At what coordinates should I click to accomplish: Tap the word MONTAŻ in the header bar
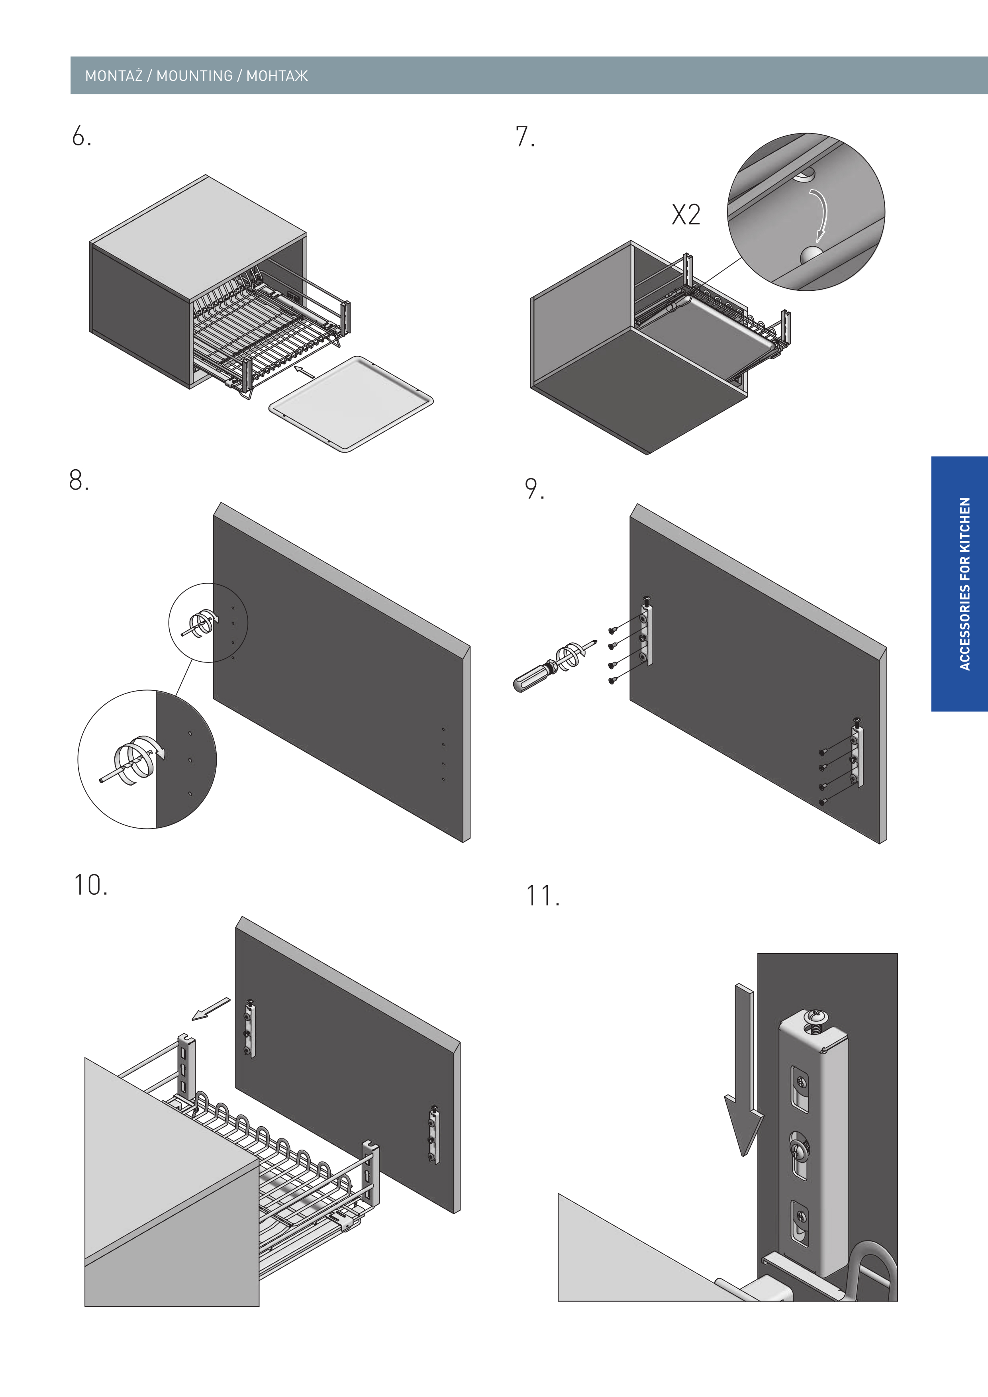pyautogui.click(x=114, y=76)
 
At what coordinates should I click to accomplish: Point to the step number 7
pyautogui.click(x=524, y=137)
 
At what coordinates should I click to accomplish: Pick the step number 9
pyautogui.click(x=533, y=489)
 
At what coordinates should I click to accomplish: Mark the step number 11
pyautogui.click(x=541, y=896)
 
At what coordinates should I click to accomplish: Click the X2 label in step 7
pyautogui.click(x=686, y=215)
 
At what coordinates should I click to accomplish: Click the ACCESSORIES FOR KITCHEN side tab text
pyautogui.click(x=964, y=584)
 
